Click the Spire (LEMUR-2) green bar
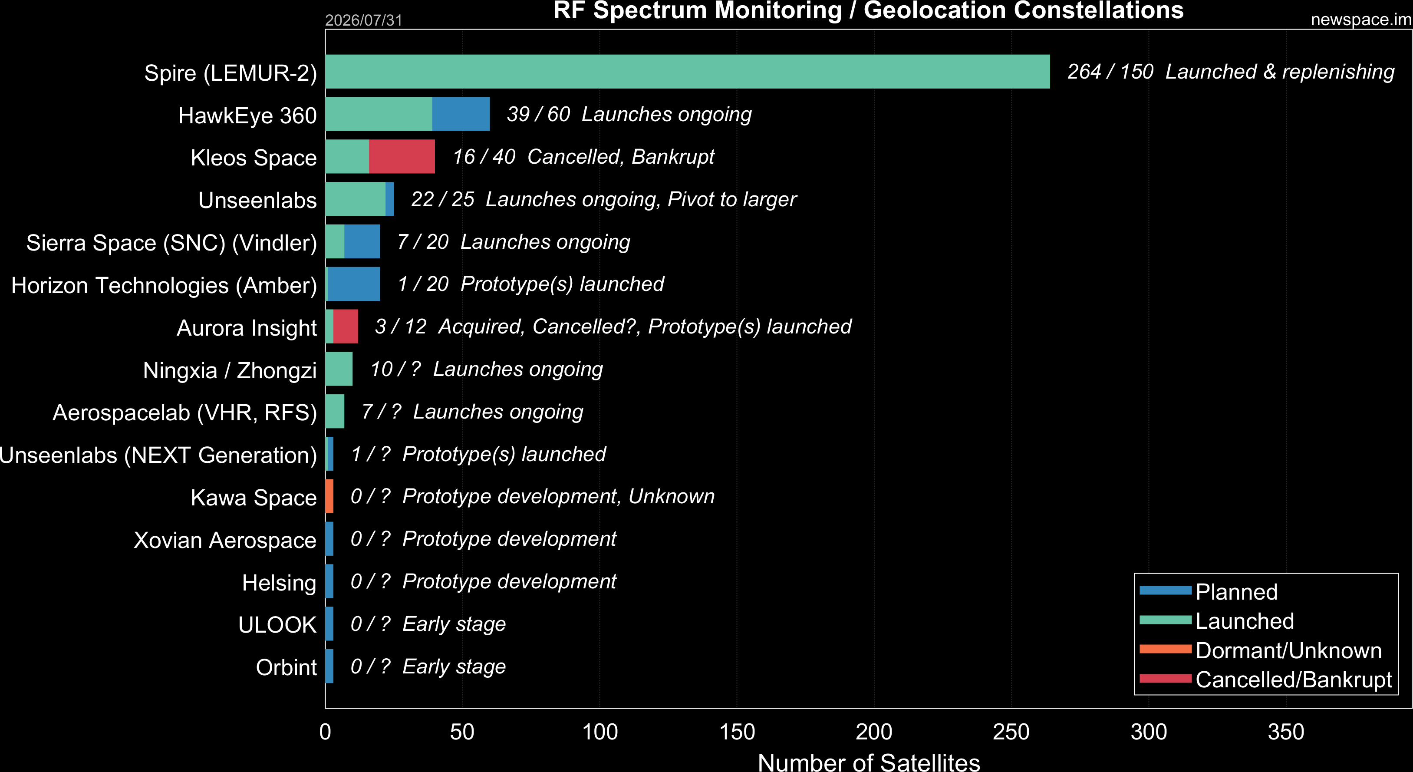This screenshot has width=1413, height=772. (687, 71)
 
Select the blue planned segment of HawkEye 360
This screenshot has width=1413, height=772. (461, 114)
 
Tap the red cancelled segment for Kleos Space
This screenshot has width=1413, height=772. (402, 156)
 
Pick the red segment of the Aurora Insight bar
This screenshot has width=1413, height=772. (346, 327)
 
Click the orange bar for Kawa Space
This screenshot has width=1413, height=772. (329, 496)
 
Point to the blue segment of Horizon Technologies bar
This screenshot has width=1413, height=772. (354, 284)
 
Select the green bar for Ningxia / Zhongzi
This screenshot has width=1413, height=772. (339, 369)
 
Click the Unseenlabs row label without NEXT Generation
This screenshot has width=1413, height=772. (257, 200)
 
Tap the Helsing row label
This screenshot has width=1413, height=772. (279, 583)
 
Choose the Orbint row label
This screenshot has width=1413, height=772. (287, 667)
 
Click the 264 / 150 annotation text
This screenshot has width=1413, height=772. (1110, 71)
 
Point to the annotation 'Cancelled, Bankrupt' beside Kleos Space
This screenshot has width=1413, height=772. (621, 157)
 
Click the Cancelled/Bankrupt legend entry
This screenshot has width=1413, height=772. (1265, 679)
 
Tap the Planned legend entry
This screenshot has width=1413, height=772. (1209, 591)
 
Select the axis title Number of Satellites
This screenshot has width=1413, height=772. (869, 762)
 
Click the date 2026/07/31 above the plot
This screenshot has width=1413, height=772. (364, 20)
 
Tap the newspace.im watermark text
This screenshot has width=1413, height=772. (1361, 20)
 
